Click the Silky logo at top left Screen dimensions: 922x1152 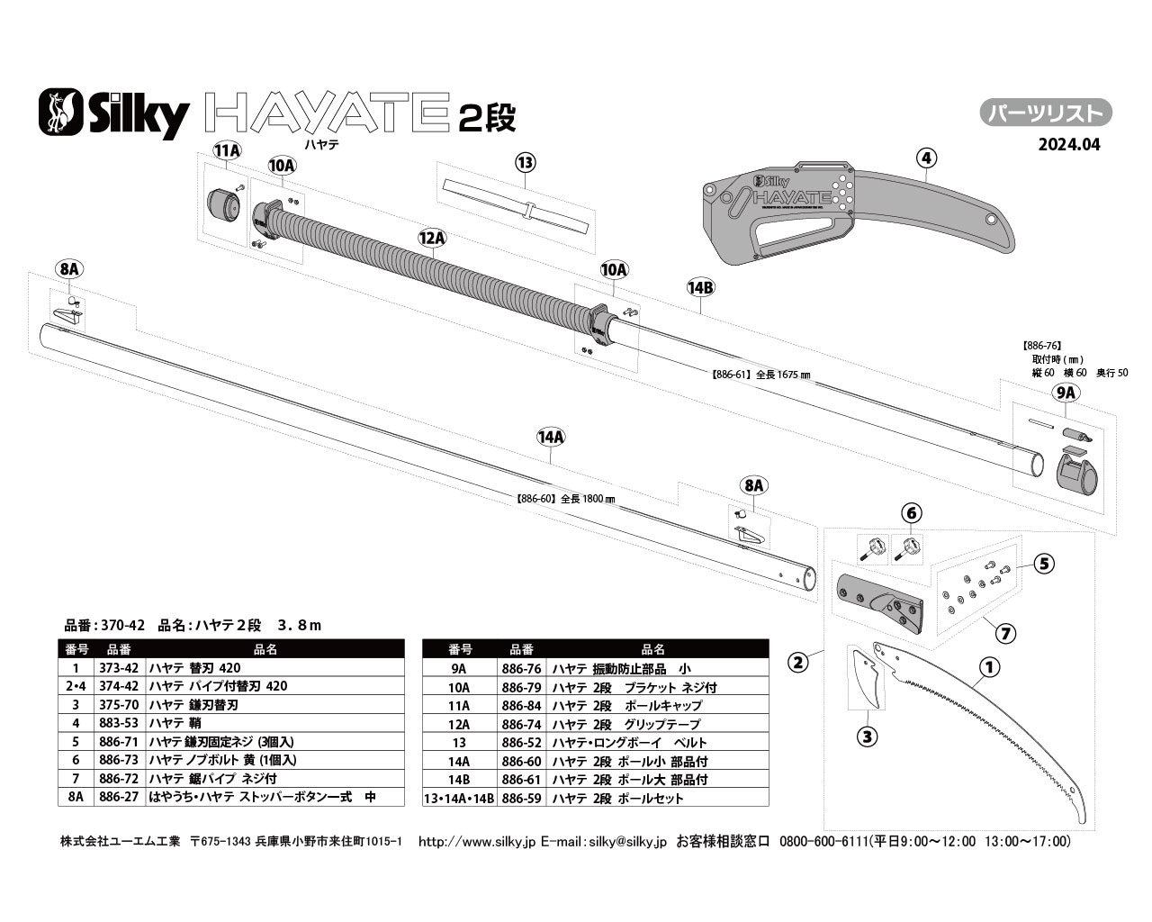[x=113, y=113]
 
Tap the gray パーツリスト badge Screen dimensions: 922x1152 [x=1046, y=113]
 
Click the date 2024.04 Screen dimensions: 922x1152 [x=1068, y=144]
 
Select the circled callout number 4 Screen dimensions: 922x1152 [x=927, y=158]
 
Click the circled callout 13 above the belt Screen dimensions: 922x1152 [x=526, y=163]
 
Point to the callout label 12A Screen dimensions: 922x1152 [x=432, y=238]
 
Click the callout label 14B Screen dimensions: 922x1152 [x=700, y=287]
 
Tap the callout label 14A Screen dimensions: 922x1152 [x=550, y=437]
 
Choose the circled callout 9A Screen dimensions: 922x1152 [x=1066, y=393]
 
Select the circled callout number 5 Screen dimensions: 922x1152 [x=1044, y=565]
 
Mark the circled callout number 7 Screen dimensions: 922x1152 [x=1006, y=633]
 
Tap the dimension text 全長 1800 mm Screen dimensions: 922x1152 [x=564, y=498]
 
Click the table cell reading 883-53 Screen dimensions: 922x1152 [x=119, y=724]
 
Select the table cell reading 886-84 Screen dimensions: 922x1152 [x=521, y=706]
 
